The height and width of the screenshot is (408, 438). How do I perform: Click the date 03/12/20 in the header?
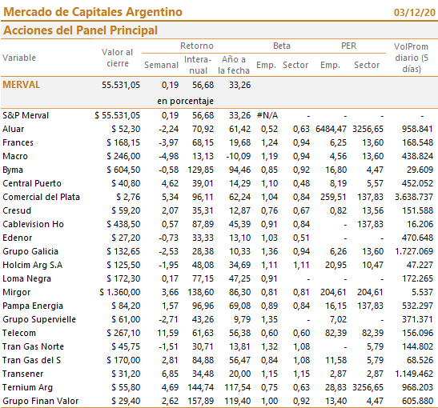click(x=415, y=13)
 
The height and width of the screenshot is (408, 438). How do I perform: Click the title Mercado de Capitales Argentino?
click(x=93, y=12)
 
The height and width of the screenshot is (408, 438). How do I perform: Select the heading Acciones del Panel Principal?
click(x=80, y=30)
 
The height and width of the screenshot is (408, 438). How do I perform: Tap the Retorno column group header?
click(x=197, y=46)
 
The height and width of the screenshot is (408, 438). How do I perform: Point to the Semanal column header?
click(x=161, y=65)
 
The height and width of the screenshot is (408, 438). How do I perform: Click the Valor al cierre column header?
click(x=118, y=58)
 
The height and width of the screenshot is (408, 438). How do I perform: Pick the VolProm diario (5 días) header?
click(x=412, y=58)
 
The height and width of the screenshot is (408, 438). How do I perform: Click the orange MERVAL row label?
click(x=22, y=85)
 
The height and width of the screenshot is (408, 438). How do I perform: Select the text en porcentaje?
click(x=185, y=101)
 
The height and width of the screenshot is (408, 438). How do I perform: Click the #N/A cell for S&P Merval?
click(x=267, y=115)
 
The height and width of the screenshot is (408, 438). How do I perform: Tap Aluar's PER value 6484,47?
click(x=331, y=129)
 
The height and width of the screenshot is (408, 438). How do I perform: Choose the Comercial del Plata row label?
click(x=42, y=197)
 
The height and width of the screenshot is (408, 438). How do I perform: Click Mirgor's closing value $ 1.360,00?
click(x=120, y=292)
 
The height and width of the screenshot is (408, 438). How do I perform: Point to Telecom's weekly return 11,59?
click(x=168, y=333)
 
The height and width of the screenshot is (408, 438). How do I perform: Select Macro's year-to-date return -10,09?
click(x=239, y=156)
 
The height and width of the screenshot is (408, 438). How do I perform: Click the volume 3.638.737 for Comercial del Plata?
click(x=414, y=197)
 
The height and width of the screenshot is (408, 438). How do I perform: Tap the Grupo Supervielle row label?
click(x=39, y=319)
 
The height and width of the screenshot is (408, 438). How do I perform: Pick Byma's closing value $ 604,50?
click(x=123, y=170)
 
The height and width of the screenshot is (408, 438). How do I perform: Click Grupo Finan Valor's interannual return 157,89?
click(x=200, y=401)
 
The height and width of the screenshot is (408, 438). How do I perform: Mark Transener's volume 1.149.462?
click(x=414, y=374)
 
